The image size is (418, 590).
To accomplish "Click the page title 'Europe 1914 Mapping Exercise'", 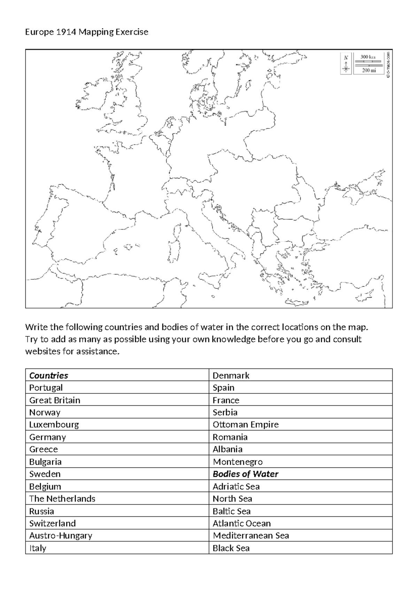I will pos(87,32).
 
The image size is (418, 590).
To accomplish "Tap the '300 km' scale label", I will pos(368,57).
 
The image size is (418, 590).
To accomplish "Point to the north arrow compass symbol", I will pos(346,64).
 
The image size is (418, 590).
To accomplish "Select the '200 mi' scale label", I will pos(369,70).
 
